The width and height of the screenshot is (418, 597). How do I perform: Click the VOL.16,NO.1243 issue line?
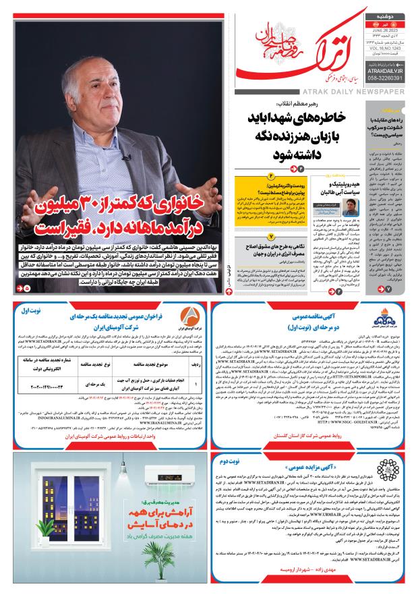(x=386, y=49)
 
